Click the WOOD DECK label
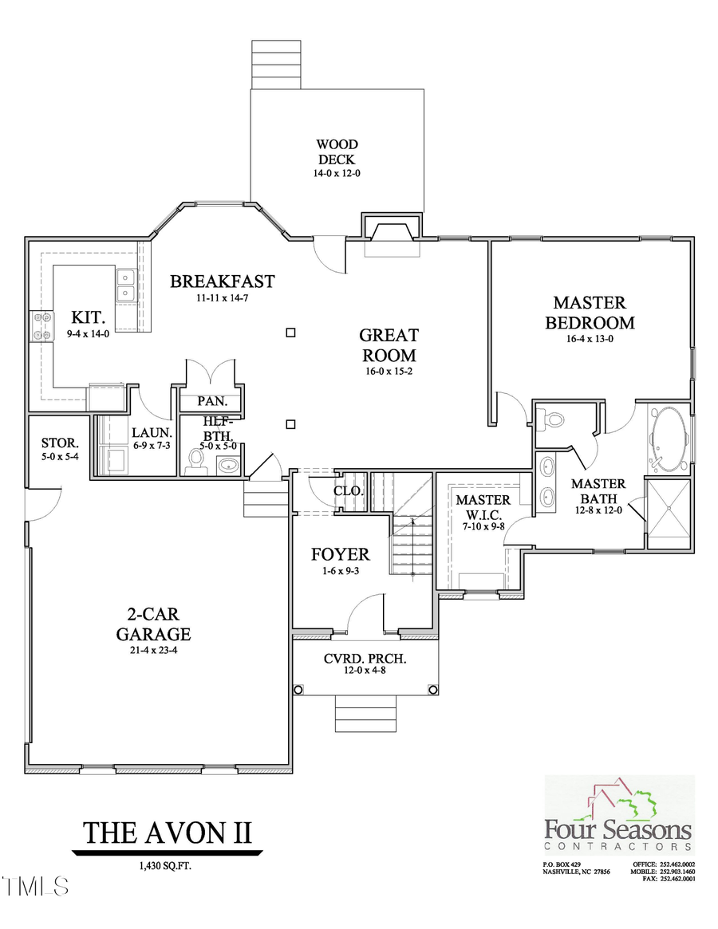click(336, 152)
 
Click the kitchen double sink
click(125, 285)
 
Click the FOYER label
click(340, 553)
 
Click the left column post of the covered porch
click(298, 690)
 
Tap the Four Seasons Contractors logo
click(618, 816)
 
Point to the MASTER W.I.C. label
click(482, 506)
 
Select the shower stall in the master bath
click(669, 514)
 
